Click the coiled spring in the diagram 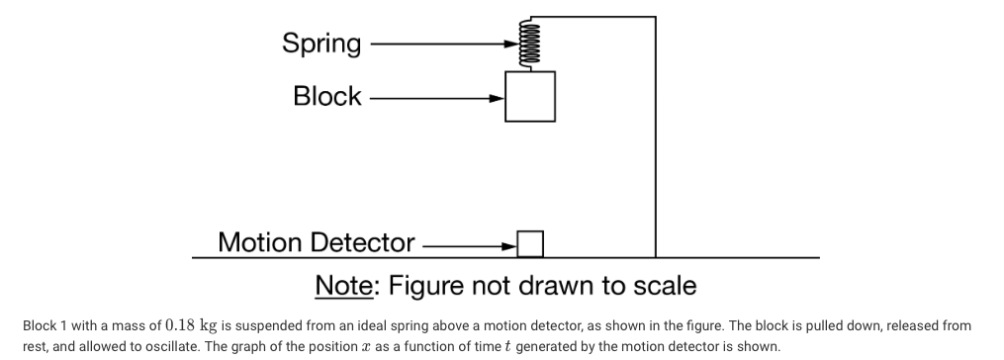[512, 45]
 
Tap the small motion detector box [530, 242]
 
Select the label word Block [327, 97]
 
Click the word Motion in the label [261, 242]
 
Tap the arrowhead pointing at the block [497, 97]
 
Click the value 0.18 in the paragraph [183, 325]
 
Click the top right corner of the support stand [655, 17]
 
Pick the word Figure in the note [426, 286]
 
